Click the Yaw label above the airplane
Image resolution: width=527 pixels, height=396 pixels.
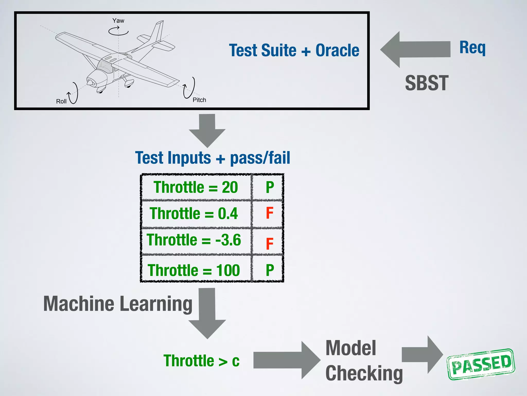118,21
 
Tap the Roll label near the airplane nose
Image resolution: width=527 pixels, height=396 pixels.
61,101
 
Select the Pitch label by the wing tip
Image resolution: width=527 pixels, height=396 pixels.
199,100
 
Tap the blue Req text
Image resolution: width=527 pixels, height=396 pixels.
472,48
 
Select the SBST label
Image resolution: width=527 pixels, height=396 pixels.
427,83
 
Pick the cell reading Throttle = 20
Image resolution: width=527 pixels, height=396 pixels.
196,187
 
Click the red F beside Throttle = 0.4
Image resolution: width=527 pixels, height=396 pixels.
269,213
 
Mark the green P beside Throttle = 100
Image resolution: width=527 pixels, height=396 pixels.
269,270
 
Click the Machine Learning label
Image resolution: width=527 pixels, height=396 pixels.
118,304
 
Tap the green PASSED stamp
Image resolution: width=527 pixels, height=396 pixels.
481,364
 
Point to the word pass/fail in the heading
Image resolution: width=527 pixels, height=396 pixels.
260,158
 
